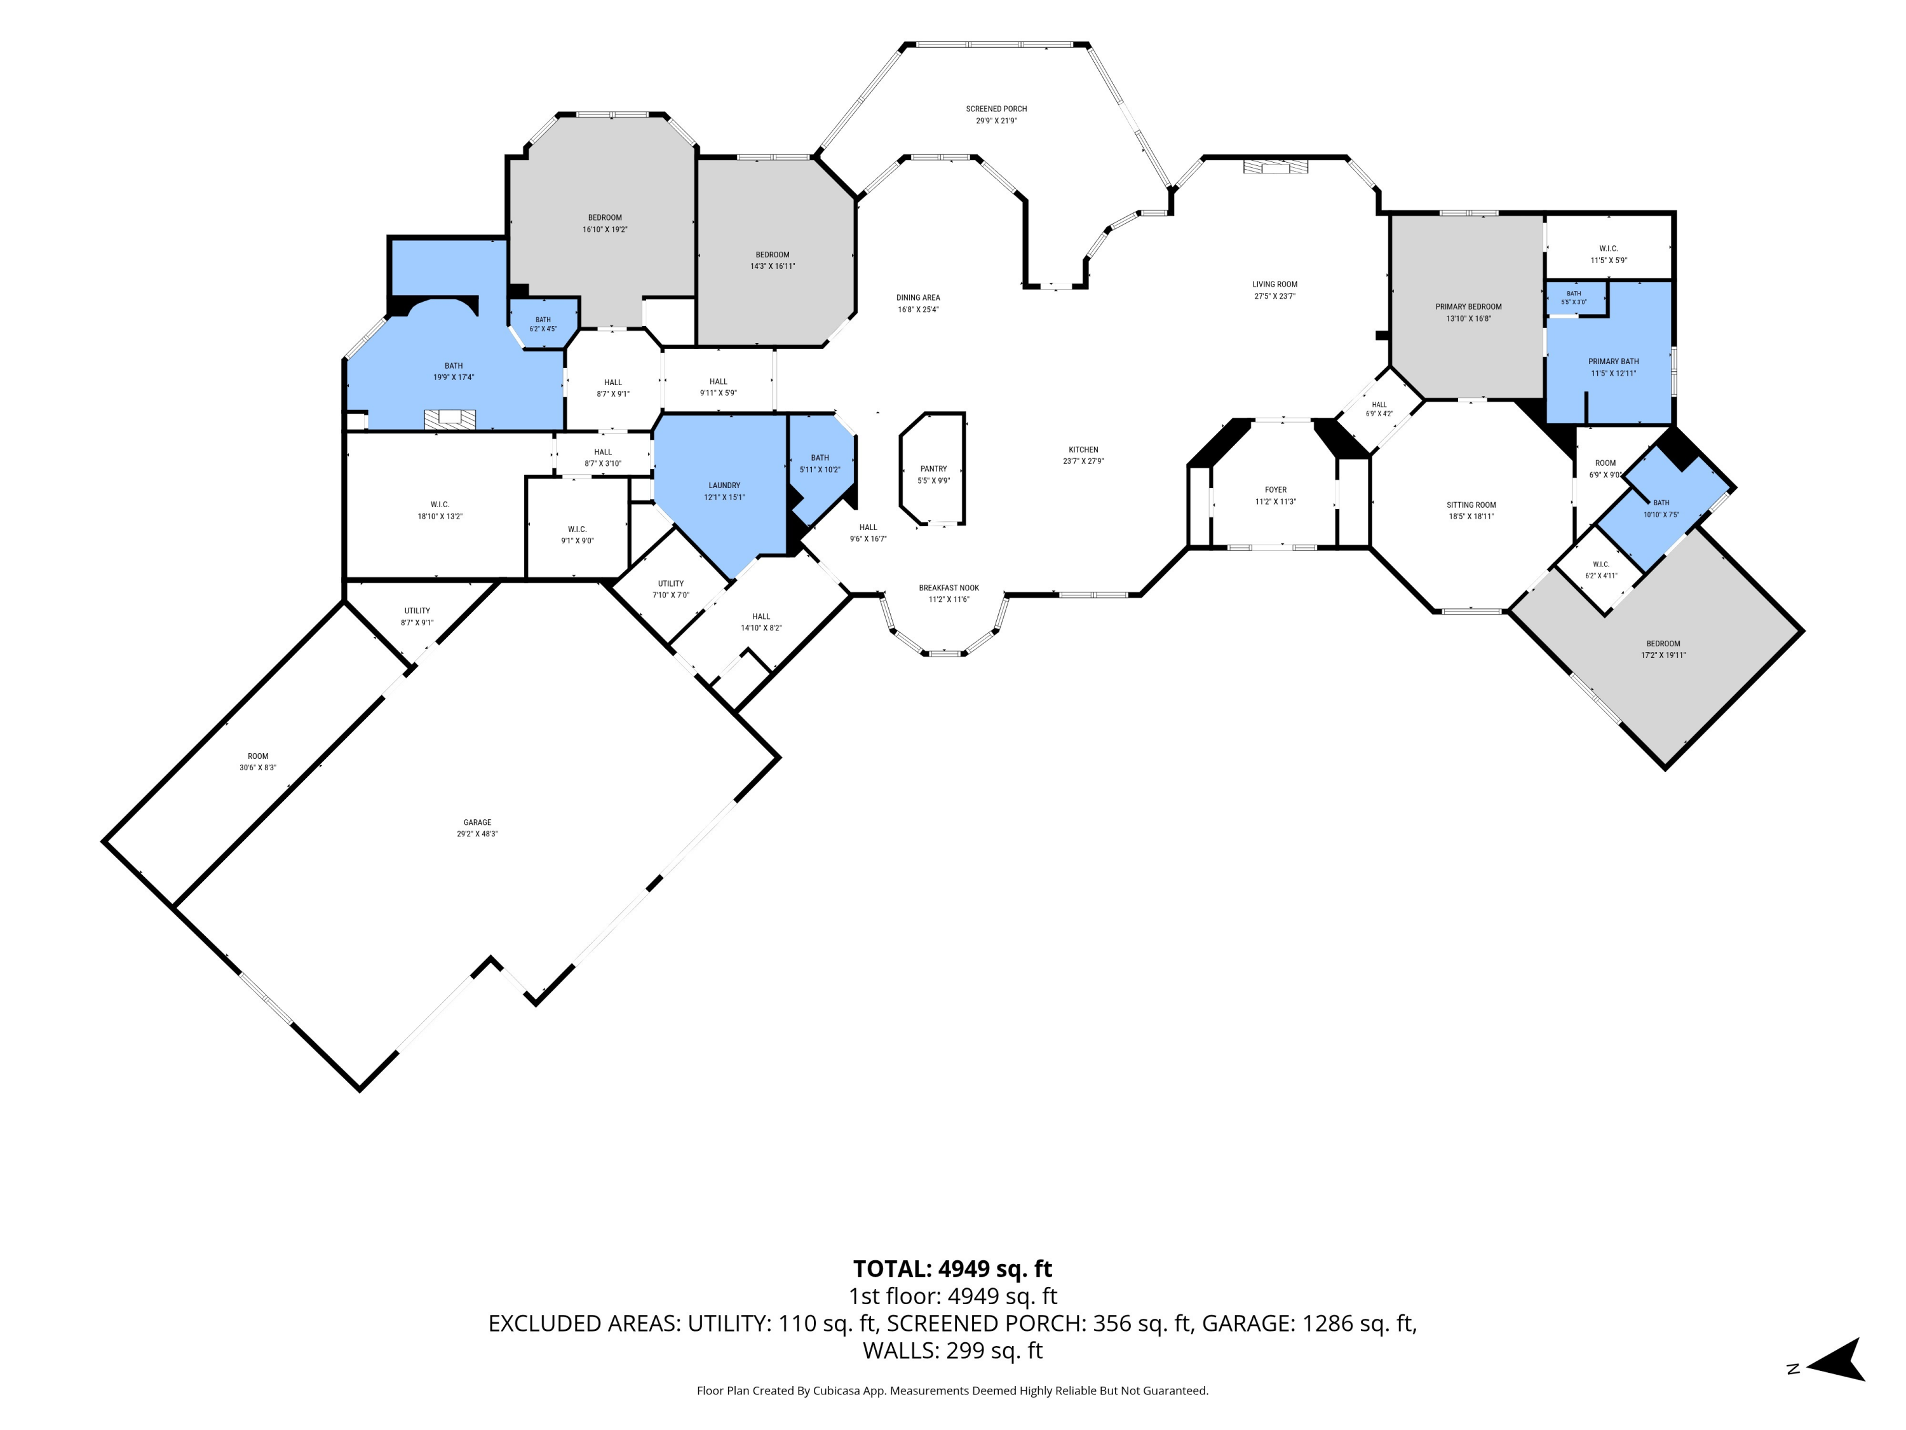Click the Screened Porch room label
pos(996,109)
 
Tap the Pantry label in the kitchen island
pos(933,469)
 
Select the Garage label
pos(477,822)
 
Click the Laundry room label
pos(725,486)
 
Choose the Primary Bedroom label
pos(1468,307)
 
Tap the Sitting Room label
pos(1471,505)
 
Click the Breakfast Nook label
pos(949,588)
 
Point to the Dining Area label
pos(917,297)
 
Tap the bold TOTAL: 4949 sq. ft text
pos(952,1269)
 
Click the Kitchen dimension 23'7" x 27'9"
pos(1083,461)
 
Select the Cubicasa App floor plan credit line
pos(952,1391)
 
